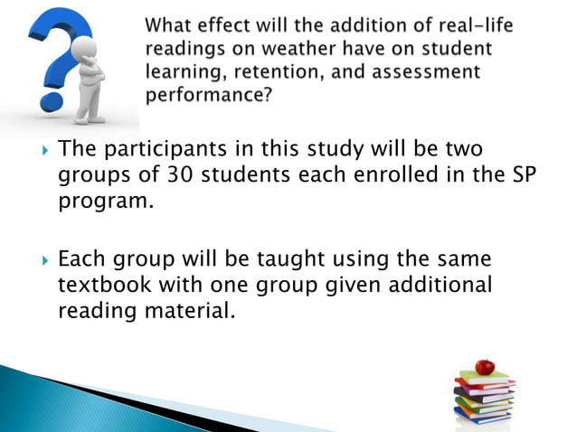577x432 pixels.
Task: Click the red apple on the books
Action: click(486, 366)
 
